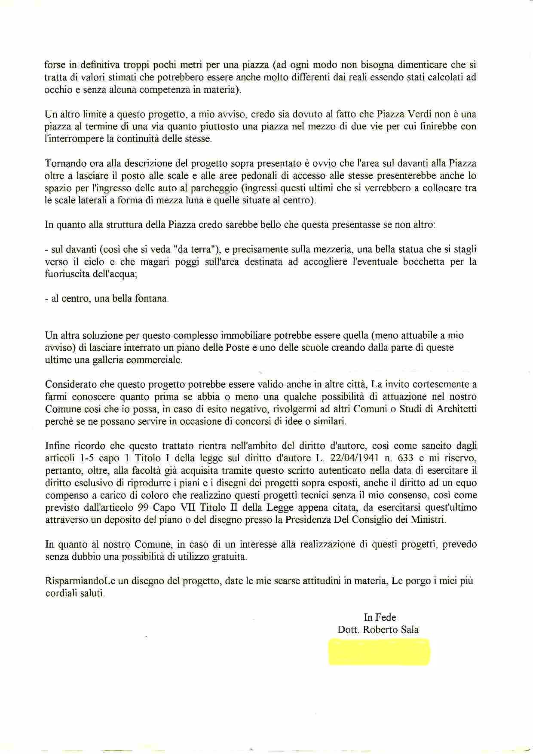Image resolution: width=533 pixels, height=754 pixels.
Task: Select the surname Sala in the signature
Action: [409, 630]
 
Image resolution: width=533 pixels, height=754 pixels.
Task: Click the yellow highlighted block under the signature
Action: [379, 652]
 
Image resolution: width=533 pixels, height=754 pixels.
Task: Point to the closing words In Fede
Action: [380, 617]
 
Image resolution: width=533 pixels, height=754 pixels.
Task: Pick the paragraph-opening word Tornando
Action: [64, 163]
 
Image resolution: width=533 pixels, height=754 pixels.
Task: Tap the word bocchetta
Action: [423, 262]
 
